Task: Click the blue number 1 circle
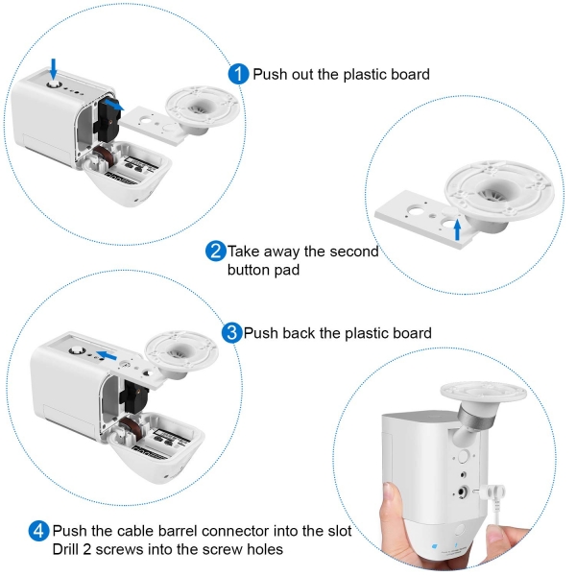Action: click(x=238, y=74)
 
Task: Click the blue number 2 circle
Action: click(x=216, y=252)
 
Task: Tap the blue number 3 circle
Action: click(x=231, y=333)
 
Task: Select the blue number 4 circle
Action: click(x=39, y=531)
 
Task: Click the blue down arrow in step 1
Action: click(x=54, y=69)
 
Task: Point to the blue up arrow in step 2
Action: click(x=457, y=229)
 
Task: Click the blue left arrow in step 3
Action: click(x=107, y=355)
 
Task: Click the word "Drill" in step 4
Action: click(x=65, y=549)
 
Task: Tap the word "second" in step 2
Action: click(x=354, y=252)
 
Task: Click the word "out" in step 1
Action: click(x=303, y=75)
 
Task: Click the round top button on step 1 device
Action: click(x=54, y=84)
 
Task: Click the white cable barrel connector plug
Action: click(x=492, y=492)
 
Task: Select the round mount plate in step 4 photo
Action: click(x=484, y=392)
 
